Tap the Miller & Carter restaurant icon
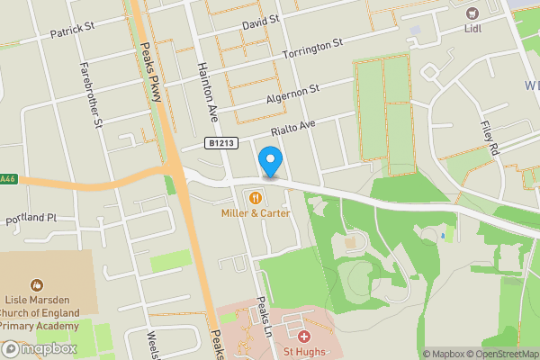[256, 197]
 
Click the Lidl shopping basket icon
[470, 13]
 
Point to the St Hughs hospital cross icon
[304, 335]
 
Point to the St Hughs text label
[303, 352]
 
